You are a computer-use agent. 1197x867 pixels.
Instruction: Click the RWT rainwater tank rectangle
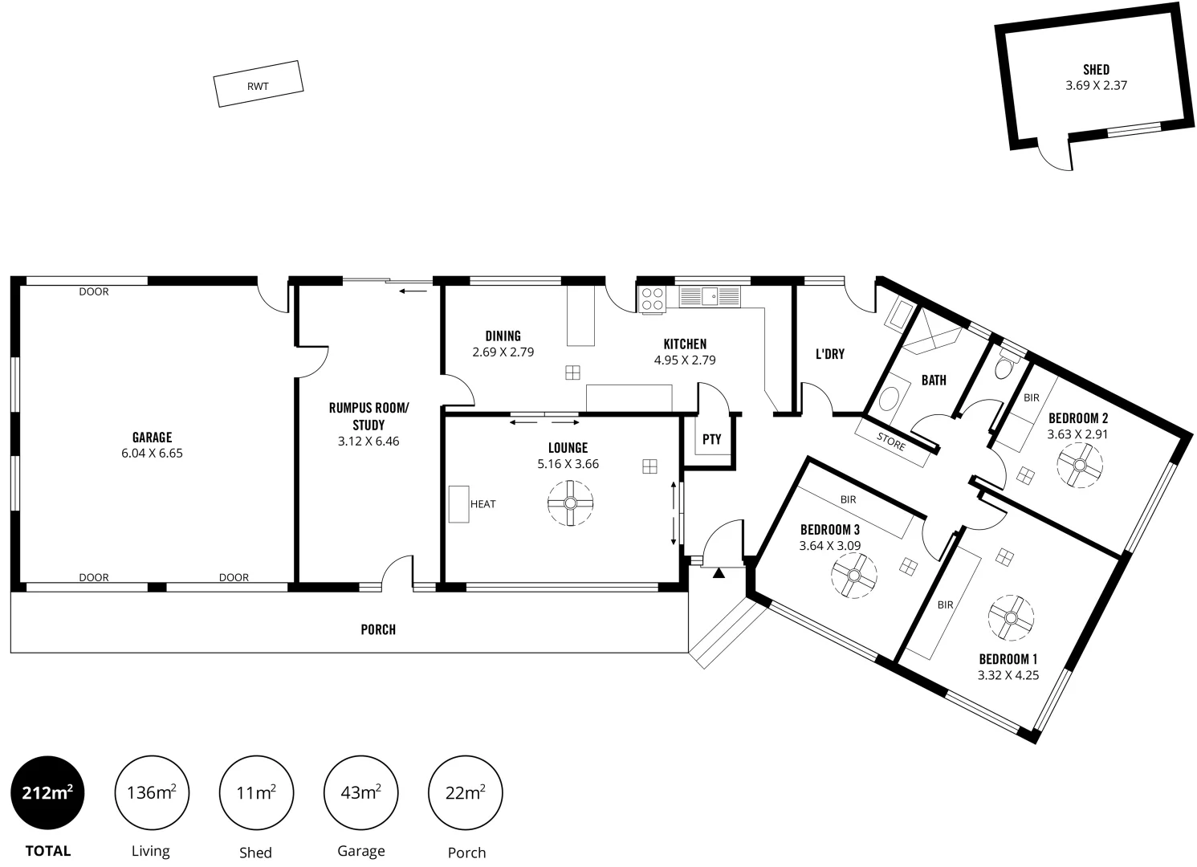(259, 84)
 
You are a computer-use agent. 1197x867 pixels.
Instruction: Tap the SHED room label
(1096, 70)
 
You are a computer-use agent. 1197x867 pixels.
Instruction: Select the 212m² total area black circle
(47, 793)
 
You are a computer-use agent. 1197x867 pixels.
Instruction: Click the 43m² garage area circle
(360, 793)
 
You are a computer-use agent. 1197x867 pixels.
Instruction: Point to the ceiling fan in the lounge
(570, 503)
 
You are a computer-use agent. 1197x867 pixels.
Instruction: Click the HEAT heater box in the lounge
(458, 504)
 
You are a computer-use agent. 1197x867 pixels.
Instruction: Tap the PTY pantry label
(711, 439)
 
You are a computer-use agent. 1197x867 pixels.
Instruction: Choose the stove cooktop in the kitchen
(653, 299)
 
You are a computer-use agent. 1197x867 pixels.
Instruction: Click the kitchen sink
(710, 296)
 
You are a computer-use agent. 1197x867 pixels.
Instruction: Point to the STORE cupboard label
(891, 442)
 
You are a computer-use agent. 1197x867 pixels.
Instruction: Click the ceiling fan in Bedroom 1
(1011, 617)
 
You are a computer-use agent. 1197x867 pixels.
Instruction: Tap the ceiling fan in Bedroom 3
(854, 575)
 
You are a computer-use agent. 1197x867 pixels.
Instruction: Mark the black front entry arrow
(719, 573)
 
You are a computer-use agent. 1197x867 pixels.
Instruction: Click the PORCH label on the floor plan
(378, 629)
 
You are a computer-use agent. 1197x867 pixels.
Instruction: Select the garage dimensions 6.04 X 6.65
(152, 453)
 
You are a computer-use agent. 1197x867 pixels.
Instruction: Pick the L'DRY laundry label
(829, 353)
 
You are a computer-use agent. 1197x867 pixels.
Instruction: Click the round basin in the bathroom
(889, 399)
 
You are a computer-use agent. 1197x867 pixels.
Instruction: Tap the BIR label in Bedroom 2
(1032, 397)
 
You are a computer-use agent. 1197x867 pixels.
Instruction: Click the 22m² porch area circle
(466, 793)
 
